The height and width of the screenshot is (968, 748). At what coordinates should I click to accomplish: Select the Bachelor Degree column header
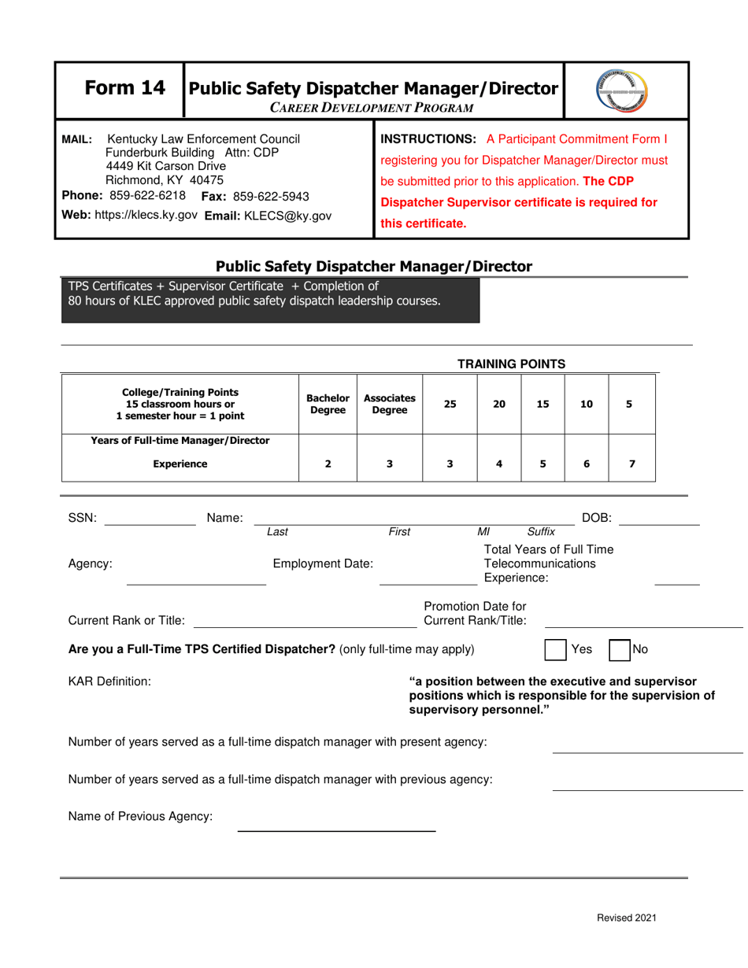point(328,404)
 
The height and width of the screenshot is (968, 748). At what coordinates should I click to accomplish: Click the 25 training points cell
point(450,404)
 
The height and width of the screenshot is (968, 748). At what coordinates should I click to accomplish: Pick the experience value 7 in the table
point(631,464)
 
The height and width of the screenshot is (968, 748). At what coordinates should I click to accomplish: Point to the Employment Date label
point(323,563)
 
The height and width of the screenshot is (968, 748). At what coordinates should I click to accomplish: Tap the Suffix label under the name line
point(540,532)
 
